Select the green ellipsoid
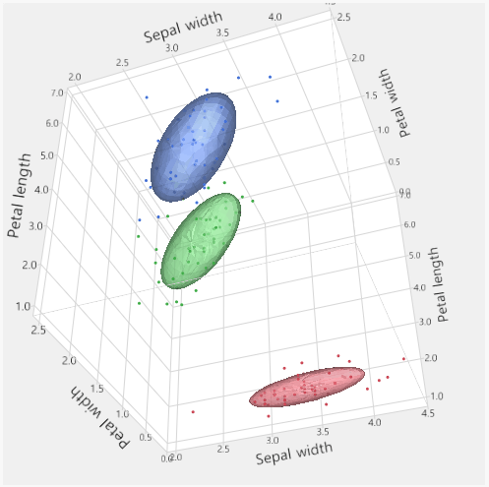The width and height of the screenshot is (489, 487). (x=202, y=239)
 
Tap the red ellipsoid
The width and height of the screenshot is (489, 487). (x=307, y=386)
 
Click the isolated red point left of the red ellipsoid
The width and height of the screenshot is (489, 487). (x=193, y=411)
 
